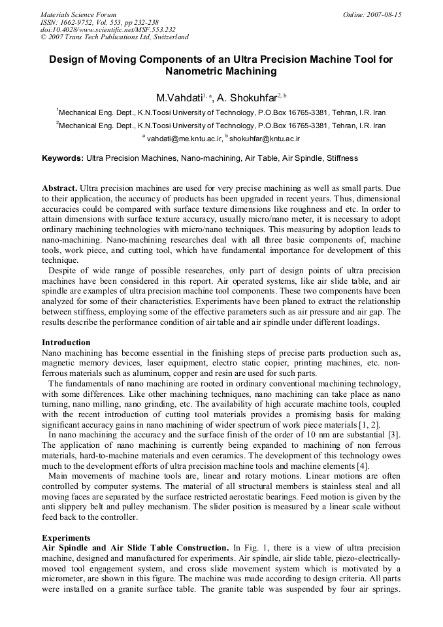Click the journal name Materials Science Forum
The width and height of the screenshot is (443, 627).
pos(78,14)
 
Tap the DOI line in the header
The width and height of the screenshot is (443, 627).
pos(108,29)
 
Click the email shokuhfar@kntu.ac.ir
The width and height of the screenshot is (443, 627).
pos(265,139)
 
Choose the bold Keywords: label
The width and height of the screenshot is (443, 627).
pos(63,158)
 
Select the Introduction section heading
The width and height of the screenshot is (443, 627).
pos(66,342)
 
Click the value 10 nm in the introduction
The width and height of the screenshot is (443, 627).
pos(347,434)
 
